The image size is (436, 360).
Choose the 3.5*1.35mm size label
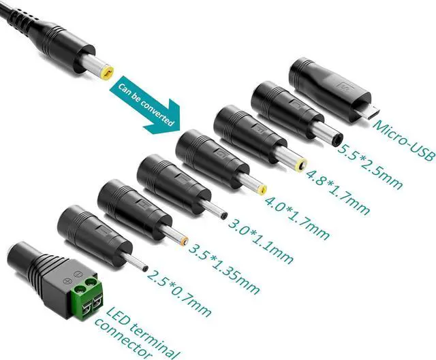click(x=222, y=261)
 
